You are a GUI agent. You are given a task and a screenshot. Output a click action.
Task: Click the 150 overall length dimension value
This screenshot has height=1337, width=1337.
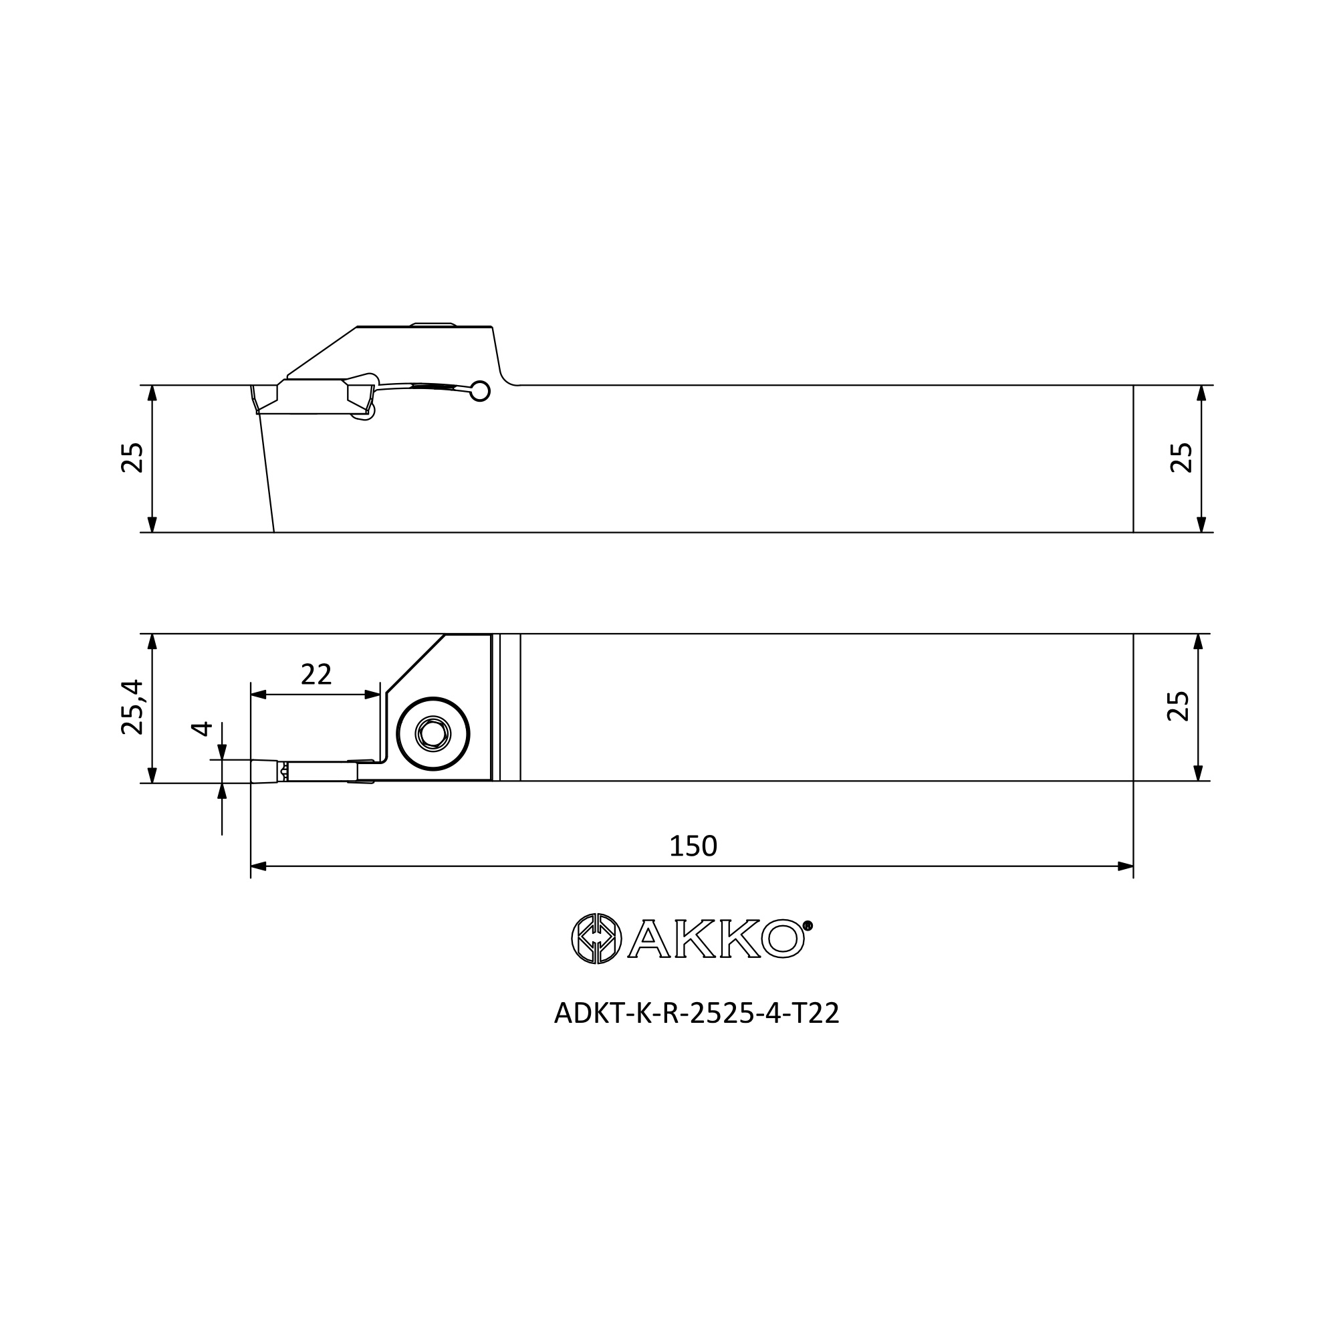pyautogui.click(x=693, y=846)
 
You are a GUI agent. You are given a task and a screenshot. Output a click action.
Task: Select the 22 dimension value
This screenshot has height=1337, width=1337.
pyautogui.click(x=316, y=674)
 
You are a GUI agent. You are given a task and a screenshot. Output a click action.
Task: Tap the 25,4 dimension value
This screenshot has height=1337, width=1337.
pyautogui.click(x=132, y=707)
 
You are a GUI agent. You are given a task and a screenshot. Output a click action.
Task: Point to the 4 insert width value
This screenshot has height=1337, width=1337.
pyautogui.click(x=201, y=729)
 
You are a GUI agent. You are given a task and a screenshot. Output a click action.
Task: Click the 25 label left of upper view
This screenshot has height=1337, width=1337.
pyautogui.click(x=132, y=457)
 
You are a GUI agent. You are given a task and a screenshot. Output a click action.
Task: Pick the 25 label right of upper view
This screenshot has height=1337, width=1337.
pyautogui.click(x=1181, y=457)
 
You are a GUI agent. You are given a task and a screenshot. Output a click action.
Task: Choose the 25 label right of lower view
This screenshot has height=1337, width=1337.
pyautogui.click(x=1178, y=707)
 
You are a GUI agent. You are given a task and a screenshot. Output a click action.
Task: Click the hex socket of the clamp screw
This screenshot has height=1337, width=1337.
pyautogui.click(x=433, y=733)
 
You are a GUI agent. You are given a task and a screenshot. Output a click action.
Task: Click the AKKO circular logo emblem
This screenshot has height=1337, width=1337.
pyautogui.click(x=596, y=939)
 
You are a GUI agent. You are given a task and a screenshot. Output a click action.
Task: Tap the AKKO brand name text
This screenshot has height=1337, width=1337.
pyautogui.click(x=715, y=939)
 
